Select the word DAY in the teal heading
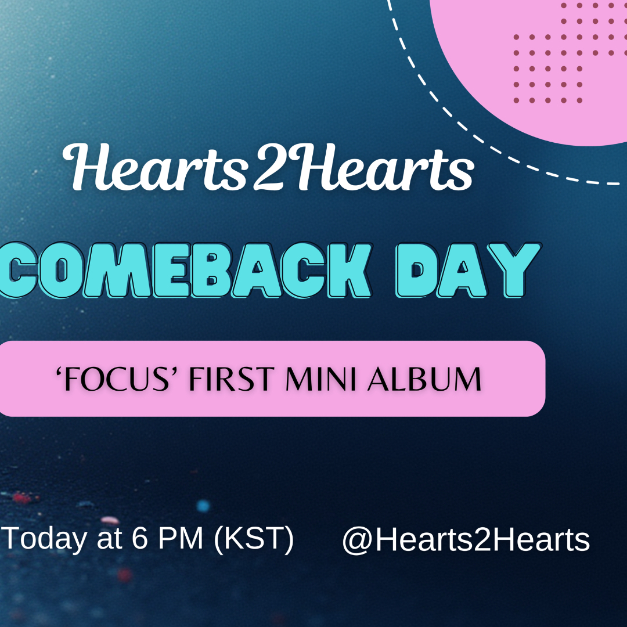469,271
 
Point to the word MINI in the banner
320,379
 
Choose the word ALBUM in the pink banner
424,379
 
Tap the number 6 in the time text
140,538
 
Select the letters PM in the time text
181,538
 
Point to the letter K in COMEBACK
347,271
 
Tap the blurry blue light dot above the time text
203,506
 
